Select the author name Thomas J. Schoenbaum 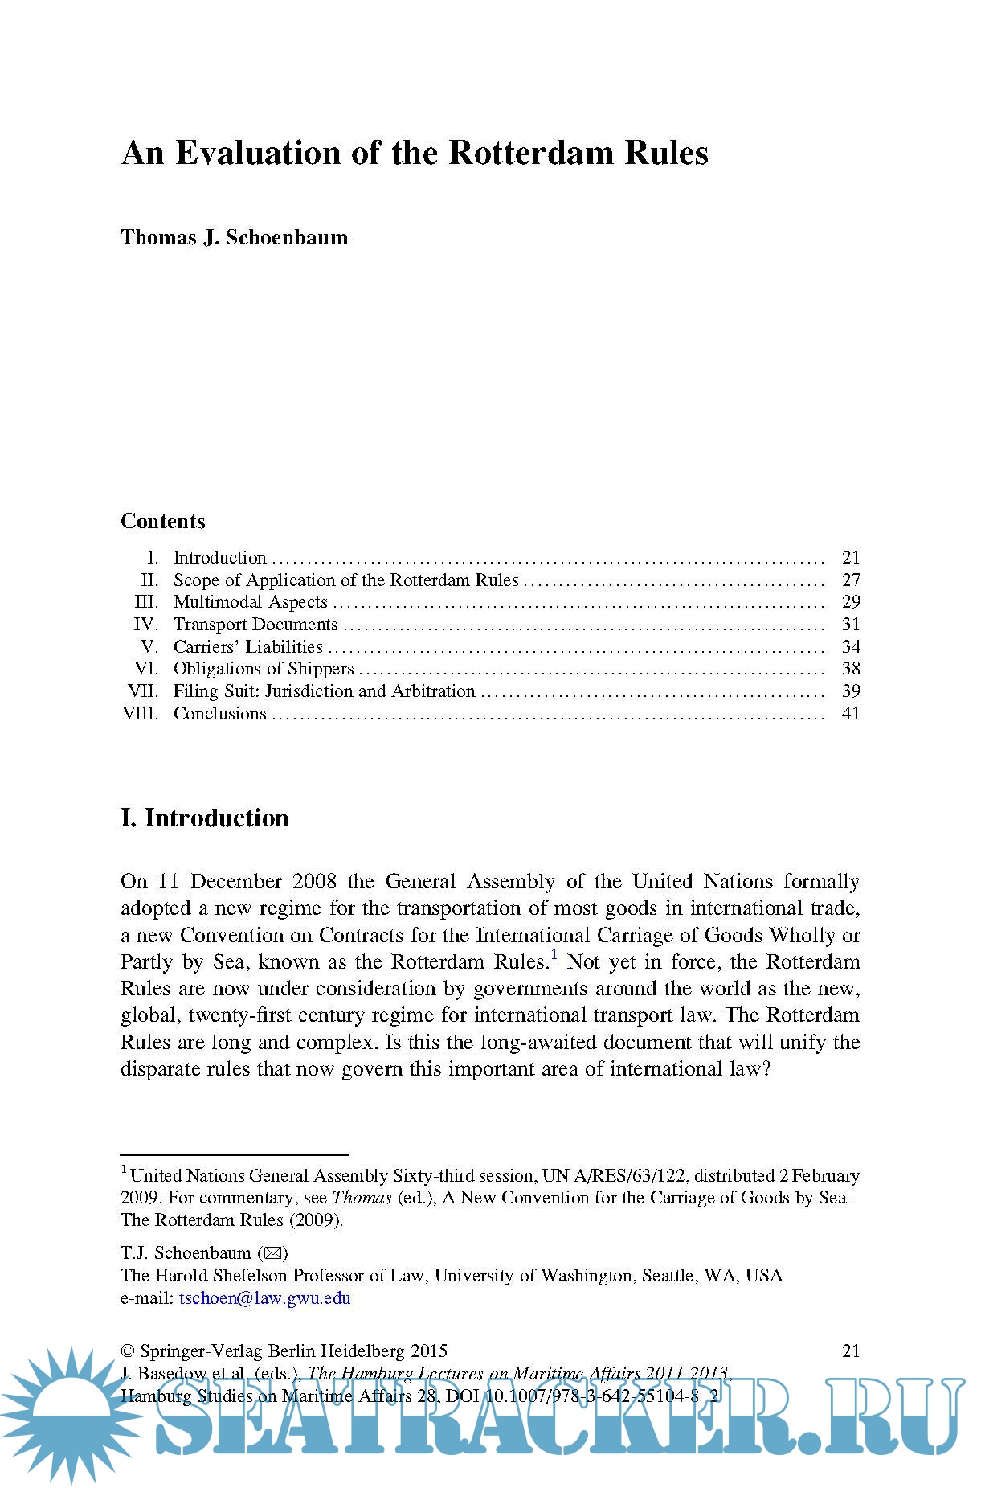(234, 238)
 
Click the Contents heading (163, 521)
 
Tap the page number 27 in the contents (851, 580)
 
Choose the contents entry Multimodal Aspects (250, 602)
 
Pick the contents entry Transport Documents (255, 625)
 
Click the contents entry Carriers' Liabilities (247, 646)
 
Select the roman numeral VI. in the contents (147, 669)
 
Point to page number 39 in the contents (851, 691)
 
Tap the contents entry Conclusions (219, 714)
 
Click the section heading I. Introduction (205, 818)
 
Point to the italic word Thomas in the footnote (362, 1198)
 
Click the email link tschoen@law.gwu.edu (265, 1298)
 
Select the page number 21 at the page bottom (851, 1351)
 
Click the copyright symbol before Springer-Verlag (127, 1351)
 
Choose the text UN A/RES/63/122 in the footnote (614, 1176)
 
